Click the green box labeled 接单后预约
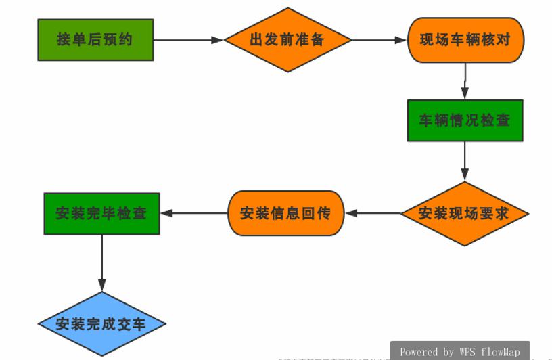point(95,40)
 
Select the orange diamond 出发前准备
point(287,40)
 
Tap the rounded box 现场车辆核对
point(465,40)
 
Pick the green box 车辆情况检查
point(465,121)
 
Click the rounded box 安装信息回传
point(285,214)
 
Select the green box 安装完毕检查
point(101,214)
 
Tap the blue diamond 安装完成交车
point(101,324)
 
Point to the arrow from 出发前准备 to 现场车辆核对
point(379,40)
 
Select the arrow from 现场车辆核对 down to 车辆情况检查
point(465,81)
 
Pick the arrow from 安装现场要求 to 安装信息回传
point(372,214)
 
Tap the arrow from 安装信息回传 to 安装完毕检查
point(193,214)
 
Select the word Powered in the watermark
point(419,352)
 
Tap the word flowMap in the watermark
point(501,352)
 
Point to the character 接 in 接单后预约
point(64,40)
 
